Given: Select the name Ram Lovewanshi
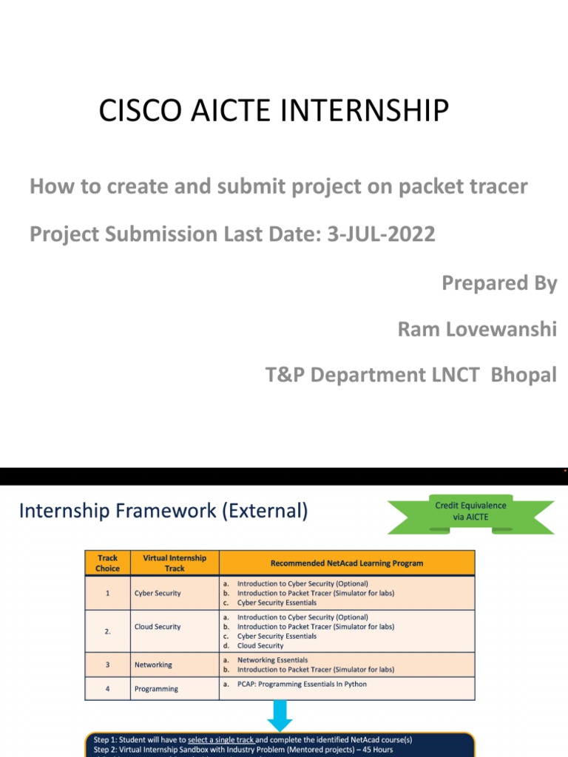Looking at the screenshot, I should (x=477, y=329).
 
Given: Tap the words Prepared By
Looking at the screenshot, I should (x=499, y=283).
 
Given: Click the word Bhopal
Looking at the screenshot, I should (x=519, y=375).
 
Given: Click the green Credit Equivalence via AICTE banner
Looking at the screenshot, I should (x=470, y=512).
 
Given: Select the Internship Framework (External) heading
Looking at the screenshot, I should (x=163, y=511).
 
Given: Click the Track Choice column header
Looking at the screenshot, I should (x=107, y=563).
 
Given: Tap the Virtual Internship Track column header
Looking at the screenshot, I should (x=175, y=563).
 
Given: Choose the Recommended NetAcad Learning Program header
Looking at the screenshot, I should (x=347, y=563).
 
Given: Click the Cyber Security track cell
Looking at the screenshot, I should (x=158, y=593).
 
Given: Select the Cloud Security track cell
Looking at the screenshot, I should (x=158, y=626).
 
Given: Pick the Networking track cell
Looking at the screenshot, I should (x=153, y=665).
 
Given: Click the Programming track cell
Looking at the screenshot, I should (x=156, y=689).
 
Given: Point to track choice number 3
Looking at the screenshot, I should (x=107, y=665).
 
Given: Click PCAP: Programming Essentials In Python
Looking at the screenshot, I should (x=302, y=685).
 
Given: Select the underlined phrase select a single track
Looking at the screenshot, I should (x=221, y=739).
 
